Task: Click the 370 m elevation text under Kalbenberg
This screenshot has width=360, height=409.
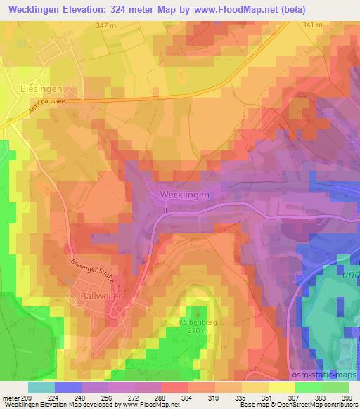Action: click(x=199, y=330)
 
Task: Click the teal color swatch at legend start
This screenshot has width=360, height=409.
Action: click(x=41, y=387)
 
